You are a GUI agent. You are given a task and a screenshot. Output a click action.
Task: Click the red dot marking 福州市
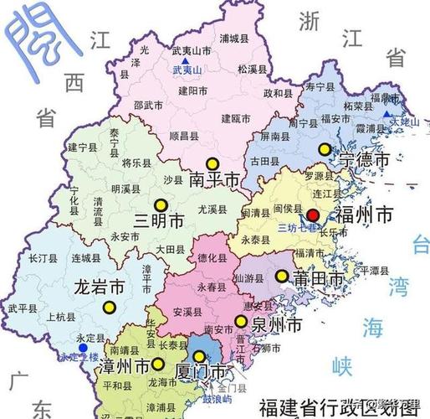point(312,215)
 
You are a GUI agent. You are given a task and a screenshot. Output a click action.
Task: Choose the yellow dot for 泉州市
point(241,321)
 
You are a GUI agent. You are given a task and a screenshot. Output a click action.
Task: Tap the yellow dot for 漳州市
point(156,364)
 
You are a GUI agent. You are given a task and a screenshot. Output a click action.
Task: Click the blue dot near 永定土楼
point(81,347)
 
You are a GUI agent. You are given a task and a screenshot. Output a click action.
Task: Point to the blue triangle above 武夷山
point(189,61)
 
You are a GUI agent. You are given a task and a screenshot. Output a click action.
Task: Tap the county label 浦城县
point(234,37)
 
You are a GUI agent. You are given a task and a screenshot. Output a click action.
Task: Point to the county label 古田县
point(264,159)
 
